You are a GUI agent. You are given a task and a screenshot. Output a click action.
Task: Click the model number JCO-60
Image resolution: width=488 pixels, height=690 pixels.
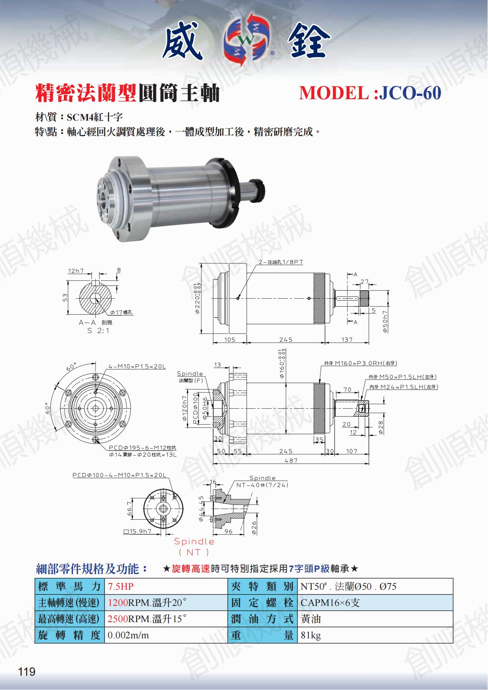pos(410,93)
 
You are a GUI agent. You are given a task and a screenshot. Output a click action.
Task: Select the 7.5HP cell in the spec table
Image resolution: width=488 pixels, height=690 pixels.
pos(121,586)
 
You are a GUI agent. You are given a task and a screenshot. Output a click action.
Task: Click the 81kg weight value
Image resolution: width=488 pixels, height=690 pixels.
pos(311,635)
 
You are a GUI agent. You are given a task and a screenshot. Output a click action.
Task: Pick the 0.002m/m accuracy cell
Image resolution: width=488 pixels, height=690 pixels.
pos(128,635)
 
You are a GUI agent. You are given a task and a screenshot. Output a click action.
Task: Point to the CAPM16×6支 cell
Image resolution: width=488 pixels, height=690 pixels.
pos(330,603)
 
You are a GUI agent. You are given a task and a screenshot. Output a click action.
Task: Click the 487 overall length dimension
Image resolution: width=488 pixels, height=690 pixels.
pos(291,460)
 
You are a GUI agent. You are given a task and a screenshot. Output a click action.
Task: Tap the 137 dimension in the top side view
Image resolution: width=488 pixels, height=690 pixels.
pos(347,339)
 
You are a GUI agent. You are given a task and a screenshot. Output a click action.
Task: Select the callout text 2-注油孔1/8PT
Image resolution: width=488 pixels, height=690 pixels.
pos(281,262)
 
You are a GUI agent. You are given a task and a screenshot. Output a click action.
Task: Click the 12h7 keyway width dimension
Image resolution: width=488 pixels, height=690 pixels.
pos(76,271)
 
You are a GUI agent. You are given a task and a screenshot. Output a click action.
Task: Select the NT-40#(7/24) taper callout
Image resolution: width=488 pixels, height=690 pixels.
pos(262,485)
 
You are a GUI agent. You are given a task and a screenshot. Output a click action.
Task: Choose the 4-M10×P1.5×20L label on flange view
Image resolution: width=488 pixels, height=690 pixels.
pos(137,367)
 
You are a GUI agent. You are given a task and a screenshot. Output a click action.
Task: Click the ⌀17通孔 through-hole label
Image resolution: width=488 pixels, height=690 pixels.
pos(121,312)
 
